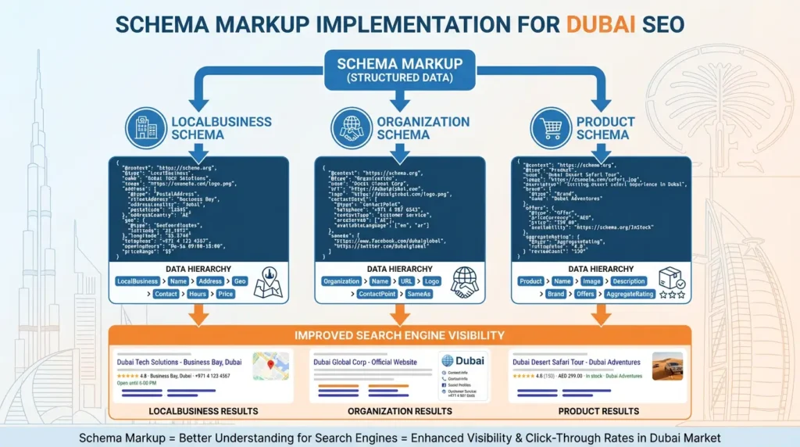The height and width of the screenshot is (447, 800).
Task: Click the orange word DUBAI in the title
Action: click(x=600, y=24)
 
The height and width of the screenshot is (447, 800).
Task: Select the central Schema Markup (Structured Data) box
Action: click(x=399, y=69)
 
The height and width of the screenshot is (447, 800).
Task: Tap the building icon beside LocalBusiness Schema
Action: click(x=146, y=127)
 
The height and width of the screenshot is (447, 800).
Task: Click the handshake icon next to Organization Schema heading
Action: click(x=351, y=127)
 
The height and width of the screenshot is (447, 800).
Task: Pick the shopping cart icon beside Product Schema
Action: click(x=551, y=127)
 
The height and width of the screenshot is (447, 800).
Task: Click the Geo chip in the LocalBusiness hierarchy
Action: click(x=239, y=281)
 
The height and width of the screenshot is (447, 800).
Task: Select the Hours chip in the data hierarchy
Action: click(x=198, y=295)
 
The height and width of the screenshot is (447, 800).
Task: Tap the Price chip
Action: click(x=226, y=295)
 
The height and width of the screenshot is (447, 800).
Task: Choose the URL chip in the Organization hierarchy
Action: click(x=406, y=281)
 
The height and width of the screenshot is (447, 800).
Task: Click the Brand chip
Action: click(x=555, y=295)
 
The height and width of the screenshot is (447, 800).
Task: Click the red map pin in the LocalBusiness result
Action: click(x=270, y=364)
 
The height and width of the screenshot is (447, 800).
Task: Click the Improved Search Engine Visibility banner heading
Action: click(x=399, y=336)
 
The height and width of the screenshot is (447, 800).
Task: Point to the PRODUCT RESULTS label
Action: click(x=598, y=411)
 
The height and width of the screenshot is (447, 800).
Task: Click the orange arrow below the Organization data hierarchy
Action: click(x=399, y=314)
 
